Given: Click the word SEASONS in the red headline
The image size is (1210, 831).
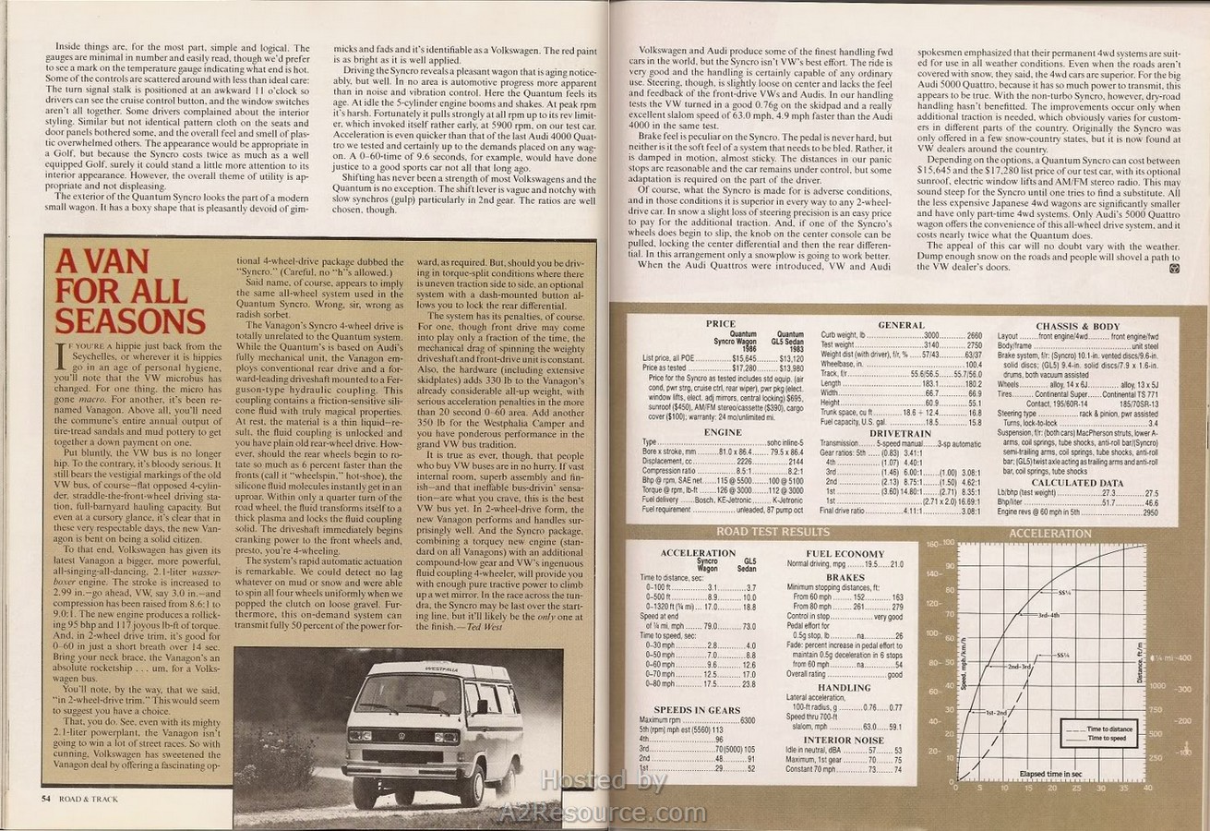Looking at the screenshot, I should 130,320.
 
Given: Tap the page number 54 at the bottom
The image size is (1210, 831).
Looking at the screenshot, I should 45,799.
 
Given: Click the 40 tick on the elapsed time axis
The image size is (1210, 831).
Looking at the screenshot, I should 1147,788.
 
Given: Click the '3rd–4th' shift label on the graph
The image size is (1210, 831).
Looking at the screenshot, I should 1049,614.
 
